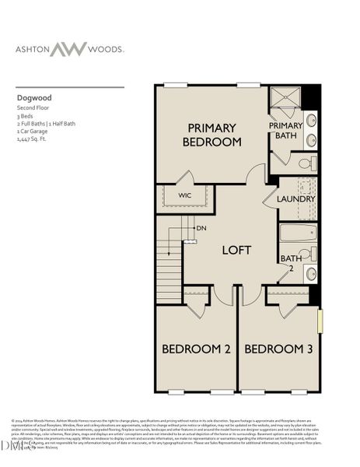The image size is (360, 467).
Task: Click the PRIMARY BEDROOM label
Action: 211,134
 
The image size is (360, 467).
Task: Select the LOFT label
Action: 237,251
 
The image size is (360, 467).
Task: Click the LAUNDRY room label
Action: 296,199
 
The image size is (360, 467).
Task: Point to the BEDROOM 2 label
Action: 195,349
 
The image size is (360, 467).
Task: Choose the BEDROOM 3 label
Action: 278,349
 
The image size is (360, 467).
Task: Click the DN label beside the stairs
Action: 201,229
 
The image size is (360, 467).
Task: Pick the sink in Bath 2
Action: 310,273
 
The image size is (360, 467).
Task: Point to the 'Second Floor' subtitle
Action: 33,111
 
